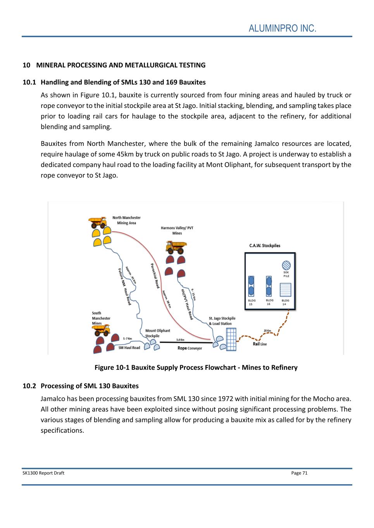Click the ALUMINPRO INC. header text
click(283, 29)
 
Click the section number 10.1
click(29, 82)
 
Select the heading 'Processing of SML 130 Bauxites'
click(90, 386)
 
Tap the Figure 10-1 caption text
click(196, 367)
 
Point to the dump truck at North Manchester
click(97, 222)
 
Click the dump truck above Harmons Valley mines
click(176, 246)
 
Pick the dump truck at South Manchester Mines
click(101, 330)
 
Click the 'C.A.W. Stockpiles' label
click(265, 246)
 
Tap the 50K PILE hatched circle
click(286, 265)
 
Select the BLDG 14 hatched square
click(285, 290)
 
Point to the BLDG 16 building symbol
click(269, 286)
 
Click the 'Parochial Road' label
click(155, 275)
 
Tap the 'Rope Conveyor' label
click(190, 348)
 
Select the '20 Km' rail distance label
click(267, 331)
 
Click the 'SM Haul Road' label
click(129, 348)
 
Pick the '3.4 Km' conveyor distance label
click(180, 340)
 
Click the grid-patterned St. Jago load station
click(231, 339)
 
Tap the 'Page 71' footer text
click(299, 473)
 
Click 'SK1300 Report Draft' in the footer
click(43, 473)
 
